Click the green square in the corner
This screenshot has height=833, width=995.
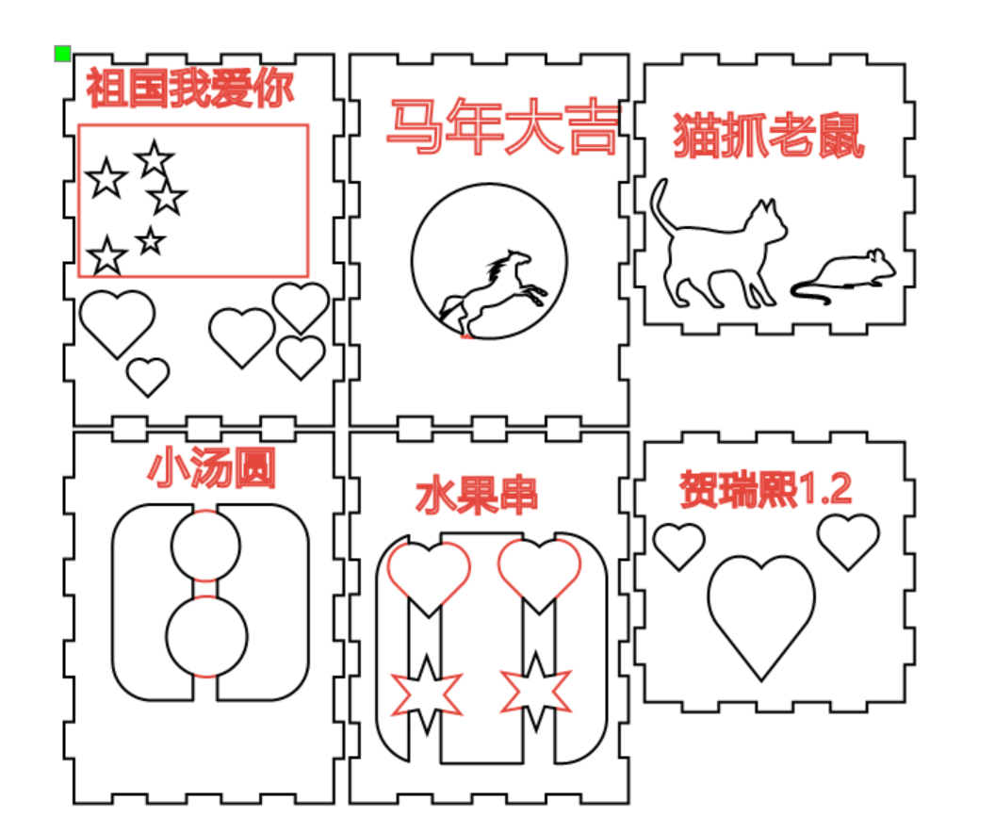click(62, 54)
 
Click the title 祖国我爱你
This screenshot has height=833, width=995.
click(190, 88)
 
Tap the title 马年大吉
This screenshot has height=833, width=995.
click(502, 126)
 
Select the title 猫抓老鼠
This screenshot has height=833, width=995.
click(769, 135)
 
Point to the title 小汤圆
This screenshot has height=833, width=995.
click(211, 467)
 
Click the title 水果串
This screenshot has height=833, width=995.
click(477, 496)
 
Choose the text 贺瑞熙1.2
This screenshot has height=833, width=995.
click(765, 489)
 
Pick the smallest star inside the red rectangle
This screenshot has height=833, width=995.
click(151, 240)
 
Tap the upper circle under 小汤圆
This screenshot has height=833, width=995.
click(205, 545)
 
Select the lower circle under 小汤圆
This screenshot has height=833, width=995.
click(207, 636)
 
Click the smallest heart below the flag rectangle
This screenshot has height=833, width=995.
click(148, 377)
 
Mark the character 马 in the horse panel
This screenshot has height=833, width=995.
click(414, 126)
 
